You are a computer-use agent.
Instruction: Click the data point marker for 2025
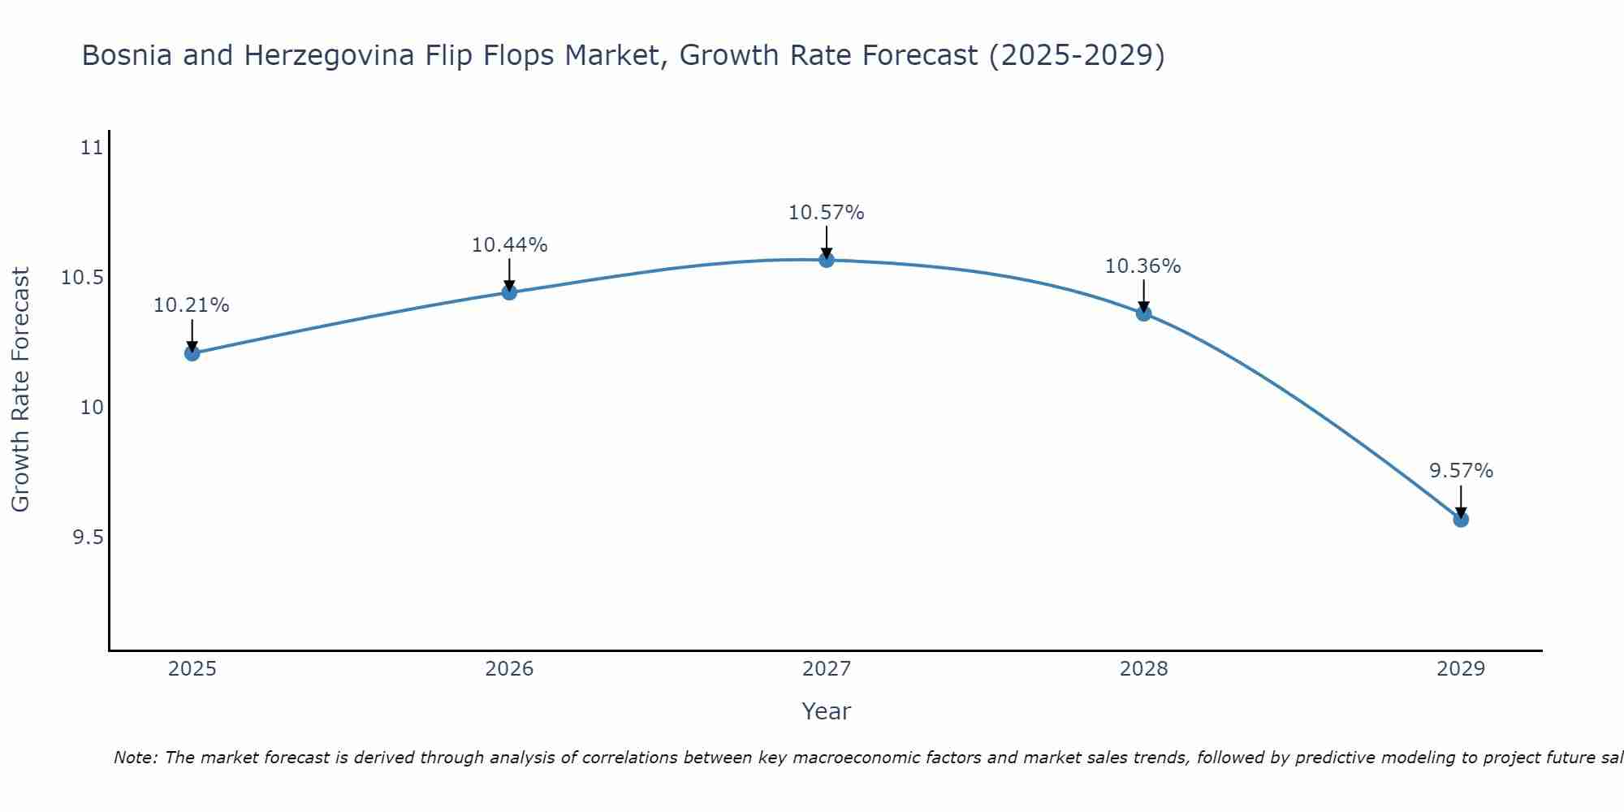point(192,353)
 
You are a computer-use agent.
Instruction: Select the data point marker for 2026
point(509,292)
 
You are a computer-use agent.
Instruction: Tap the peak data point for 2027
point(827,260)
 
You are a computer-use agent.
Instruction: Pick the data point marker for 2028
point(1143,313)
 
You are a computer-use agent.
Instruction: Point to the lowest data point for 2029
point(1461,519)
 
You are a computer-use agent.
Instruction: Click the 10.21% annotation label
point(192,306)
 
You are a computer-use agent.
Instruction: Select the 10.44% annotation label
point(509,245)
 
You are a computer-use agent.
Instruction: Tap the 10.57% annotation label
point(827,214)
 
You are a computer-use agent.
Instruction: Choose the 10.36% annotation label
point(1143,266)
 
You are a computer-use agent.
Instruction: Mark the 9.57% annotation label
point(1461,472)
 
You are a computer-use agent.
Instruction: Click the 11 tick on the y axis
point(93,148)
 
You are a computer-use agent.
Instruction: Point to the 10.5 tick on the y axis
point(83,278)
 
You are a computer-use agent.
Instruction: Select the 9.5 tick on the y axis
point(88,538)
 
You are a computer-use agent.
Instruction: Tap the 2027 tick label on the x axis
point(827,669)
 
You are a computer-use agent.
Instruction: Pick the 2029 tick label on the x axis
point(1461,669)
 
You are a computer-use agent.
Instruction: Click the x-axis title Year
point(827,712)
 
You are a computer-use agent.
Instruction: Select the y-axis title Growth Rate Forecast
point(21,390)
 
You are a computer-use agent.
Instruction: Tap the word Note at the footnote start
point(136,758)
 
